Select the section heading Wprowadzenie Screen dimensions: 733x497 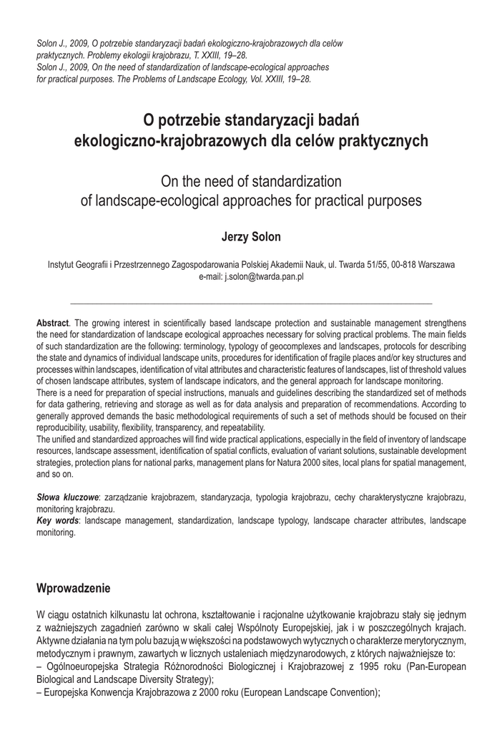tap(73, 589)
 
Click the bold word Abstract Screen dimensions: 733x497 tap(53, 324)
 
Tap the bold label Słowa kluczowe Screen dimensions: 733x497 tap(67, 496)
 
